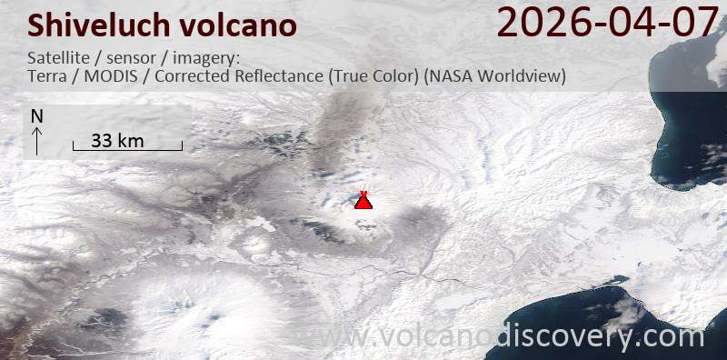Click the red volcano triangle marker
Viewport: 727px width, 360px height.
point(363,200)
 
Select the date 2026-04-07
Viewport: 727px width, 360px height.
point(606,23)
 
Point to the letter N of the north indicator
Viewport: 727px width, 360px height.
point(36,116)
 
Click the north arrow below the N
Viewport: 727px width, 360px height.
point(36,140)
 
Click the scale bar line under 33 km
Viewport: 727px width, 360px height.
point(127,149)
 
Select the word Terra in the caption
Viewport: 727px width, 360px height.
point(48,76)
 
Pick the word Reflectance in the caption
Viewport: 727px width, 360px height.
point(274,76)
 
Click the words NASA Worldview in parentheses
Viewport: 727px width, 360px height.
point(495,76)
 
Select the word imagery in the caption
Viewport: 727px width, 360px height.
point(204,58)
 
